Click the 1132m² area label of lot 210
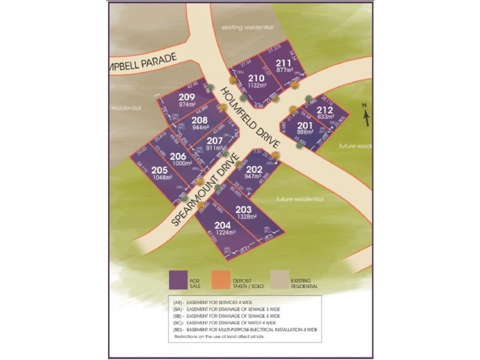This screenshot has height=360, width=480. point(256,85)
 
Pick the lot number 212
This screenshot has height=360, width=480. point(325,110)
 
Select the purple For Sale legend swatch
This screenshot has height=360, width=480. point(178,280)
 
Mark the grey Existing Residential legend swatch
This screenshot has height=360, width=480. point(278,280)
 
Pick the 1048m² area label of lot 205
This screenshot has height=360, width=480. point(162,178)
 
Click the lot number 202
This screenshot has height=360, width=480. point(254,169)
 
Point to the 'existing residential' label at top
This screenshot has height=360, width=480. point(247,28)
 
